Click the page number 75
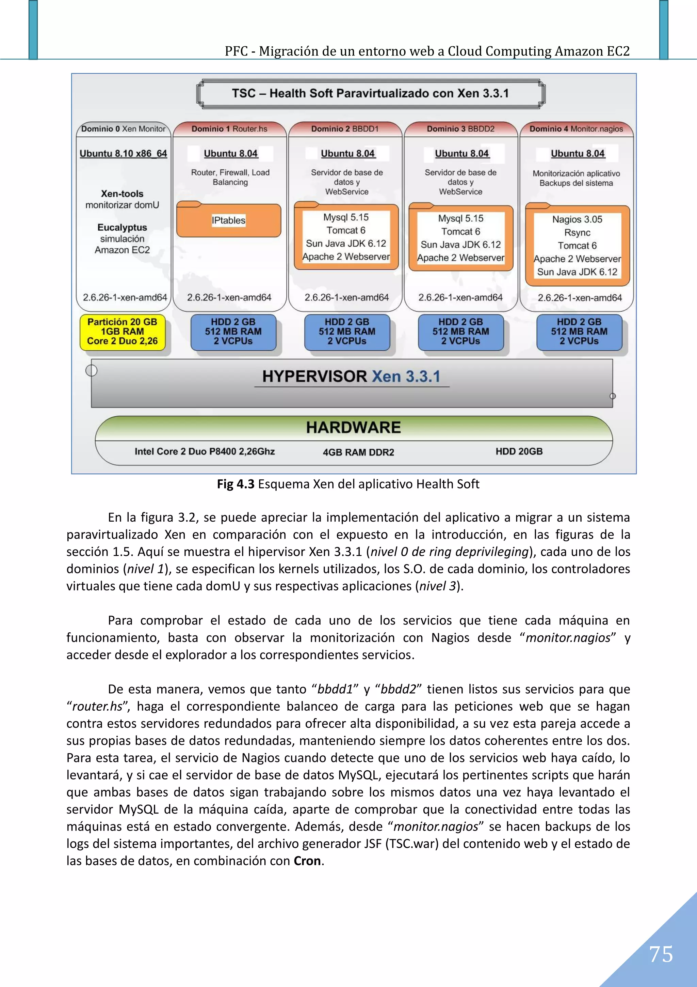pyautogui.click(x=661, y=954)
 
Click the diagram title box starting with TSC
pyautogui.click(x=370, y=93)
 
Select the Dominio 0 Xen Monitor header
pyautogui.click(x=123, y=128)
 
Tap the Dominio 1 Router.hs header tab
pyautogui.click(x=229, y=128)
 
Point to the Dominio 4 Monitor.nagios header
pyautogui.click(x=576, y=128)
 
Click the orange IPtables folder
pyautogui.click(x=228, y=220)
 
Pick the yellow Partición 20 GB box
pyautogui.click(x=123, y=331)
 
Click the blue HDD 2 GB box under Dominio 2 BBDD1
pyautogui.click(x=347, y=331)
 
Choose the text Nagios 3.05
pyautogui.click(x=577, y=219)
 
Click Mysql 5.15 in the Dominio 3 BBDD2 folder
pyautogui.click(x=460, y=218)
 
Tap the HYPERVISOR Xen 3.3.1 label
pyautogui.click(x=351, y=376)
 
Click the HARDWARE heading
pyautogui.click(x=354, y=427)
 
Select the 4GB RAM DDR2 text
pyautogui.click(x=358, y=452)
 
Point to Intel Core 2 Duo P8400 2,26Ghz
pyautogui.click(x=205, y=451)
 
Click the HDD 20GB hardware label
pyautogui.click(x=519, y=451)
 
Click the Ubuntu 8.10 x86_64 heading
pyautogui.click(x=123, y=153)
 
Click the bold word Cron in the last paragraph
pyautogui.click(x=307, y=861)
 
